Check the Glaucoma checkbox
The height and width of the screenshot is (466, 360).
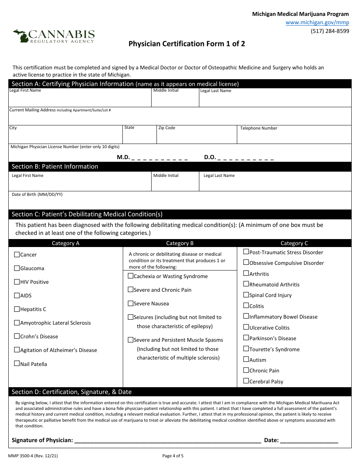[17, 268]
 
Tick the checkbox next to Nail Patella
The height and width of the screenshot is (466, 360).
[17, 364]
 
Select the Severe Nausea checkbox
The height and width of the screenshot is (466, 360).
[131, 303]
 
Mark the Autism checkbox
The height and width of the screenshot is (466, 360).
[246, 360]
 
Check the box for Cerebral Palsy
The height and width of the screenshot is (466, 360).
[246, 381]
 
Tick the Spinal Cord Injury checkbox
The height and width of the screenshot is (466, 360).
[246, 295]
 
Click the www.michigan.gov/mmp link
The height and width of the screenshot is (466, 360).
[317, 22]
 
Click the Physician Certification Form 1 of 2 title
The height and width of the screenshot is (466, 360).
[186, 44]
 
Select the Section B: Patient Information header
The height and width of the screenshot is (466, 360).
[55, 167]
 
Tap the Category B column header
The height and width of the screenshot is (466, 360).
[180, 243]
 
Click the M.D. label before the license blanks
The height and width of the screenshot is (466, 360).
[123, 157]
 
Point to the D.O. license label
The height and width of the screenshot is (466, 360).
[210, 157]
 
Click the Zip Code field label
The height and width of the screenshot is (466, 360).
[167, 128]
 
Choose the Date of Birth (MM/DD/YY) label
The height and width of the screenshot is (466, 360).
[37, 194]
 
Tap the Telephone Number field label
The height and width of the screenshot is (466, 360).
[258, 128]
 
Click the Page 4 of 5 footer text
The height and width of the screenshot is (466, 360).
[173, 456]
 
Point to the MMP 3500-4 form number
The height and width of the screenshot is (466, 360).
[33, 456]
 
